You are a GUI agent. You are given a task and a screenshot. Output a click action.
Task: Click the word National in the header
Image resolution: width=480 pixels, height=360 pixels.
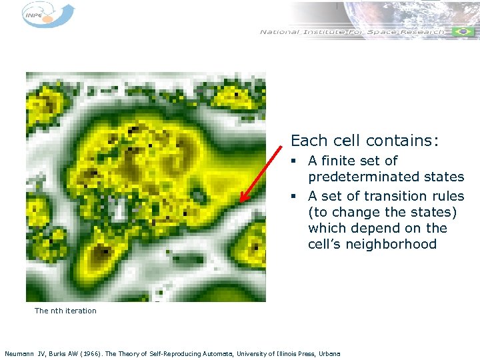(279, 32)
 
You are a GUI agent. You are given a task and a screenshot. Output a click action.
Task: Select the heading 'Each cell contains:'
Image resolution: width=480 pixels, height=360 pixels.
(365, 141)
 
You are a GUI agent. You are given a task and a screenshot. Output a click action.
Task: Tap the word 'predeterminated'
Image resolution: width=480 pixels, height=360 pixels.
(385, 177)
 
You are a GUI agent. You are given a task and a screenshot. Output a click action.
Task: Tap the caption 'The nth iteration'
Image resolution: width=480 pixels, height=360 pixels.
(65, 311)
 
